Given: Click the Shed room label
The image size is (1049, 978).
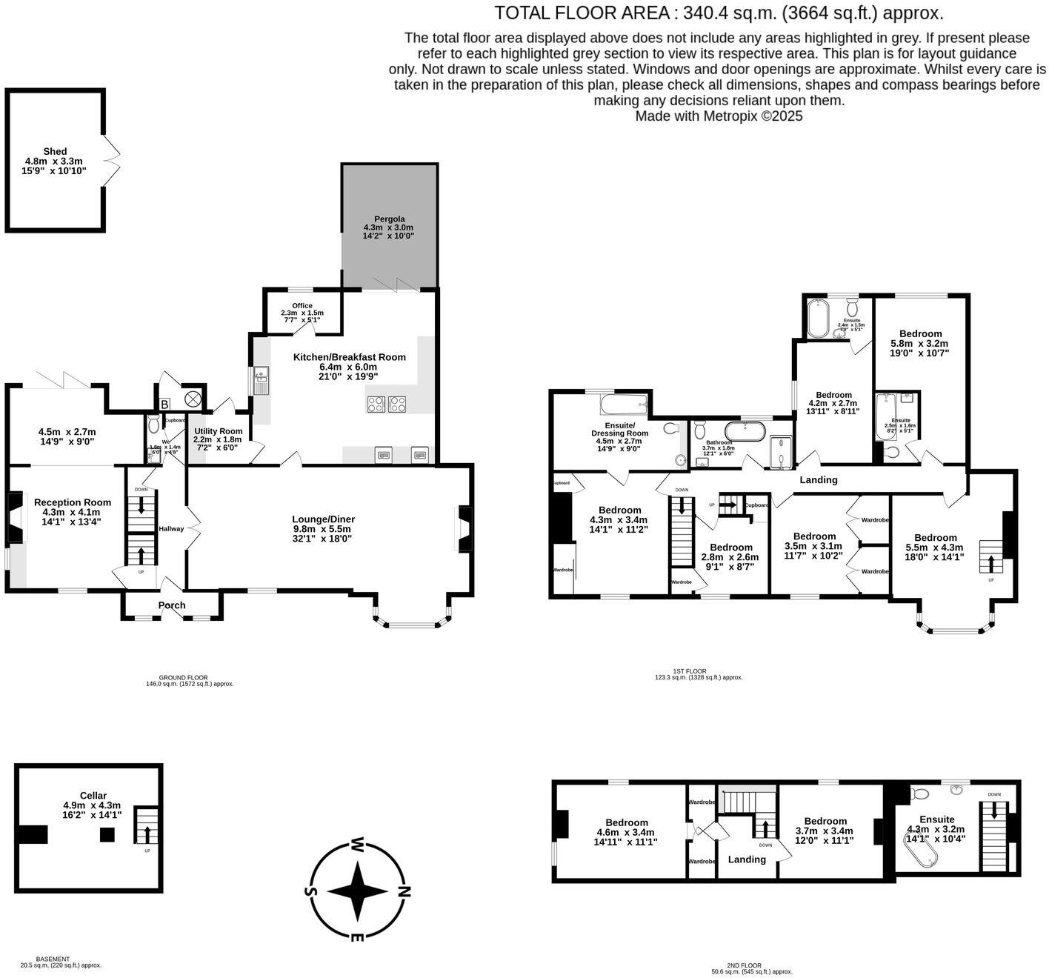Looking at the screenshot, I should click(x=55, y=151).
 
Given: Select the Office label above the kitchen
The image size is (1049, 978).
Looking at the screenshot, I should click(x=302, y=305).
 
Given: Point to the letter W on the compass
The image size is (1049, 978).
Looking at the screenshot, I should click(x=357, y=845).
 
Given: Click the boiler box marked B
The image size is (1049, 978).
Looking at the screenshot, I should click(x=164, y=405).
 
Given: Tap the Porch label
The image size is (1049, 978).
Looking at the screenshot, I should click(x=172, y=605).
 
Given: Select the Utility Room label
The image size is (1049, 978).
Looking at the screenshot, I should click(x=218, y=431).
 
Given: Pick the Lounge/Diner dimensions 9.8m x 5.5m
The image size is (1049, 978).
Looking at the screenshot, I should click(x=322, y=529).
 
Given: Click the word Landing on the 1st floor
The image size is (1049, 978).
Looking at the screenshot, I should click(x=819, y=479).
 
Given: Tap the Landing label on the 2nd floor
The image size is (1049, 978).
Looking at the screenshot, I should click(x=747, y=859).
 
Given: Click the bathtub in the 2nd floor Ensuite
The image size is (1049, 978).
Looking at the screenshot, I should click(x=921, y=847).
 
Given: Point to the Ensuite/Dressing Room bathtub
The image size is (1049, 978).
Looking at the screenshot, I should click(x=623, y=405).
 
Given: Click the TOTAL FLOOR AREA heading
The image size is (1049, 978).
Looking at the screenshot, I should click(x=719, y=13).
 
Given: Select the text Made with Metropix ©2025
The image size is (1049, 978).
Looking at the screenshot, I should click(x=719, y=116).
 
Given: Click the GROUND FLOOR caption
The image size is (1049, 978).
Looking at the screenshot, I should click(x=183, y=677).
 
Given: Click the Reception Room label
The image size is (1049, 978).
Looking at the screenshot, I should click(x=73, y=502).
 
